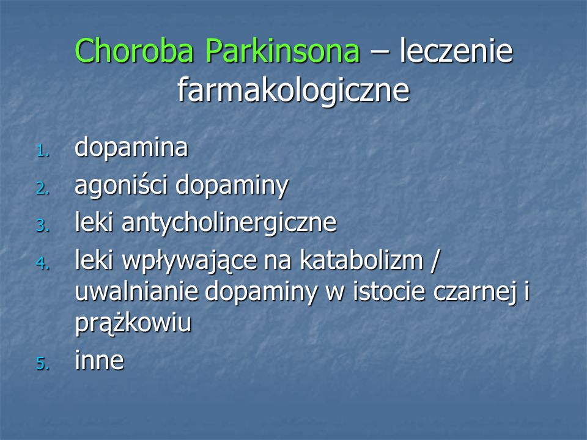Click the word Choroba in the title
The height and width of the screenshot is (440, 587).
tap(135, 51)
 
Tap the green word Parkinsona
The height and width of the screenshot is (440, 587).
tap(282, 51)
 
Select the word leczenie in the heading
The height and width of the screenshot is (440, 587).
tap(456, 51)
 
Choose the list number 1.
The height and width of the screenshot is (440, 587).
tap(43, 151)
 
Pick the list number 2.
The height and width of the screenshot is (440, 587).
tap(43, 188)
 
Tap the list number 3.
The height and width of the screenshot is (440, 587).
tap(43, 226)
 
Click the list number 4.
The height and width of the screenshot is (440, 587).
tap(43, 263)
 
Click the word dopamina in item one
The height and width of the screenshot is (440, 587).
tap(131, 148)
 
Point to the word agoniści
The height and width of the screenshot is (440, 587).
tap(121, 186)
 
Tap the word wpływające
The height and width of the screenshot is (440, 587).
tap(190, 261)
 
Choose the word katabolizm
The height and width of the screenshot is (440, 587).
tap(361, 260)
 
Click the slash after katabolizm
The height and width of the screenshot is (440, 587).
tap(434, 260)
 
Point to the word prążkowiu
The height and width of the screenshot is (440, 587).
tap(133, 323)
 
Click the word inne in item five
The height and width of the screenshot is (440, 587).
tap(99, 361)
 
